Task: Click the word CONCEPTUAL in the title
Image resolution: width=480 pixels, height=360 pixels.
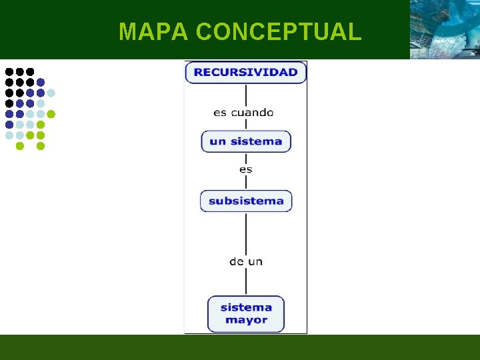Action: (279, 31)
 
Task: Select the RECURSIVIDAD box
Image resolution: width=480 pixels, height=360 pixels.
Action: (246, 72)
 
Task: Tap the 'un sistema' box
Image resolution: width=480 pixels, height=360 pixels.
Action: (246, 141)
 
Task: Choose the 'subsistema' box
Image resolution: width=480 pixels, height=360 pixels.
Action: (246, 201)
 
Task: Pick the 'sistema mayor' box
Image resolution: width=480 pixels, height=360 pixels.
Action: (246, 313)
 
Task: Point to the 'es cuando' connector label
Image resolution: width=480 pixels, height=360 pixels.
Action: (243, 113)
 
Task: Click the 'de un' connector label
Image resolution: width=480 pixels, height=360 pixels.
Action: (246, 261)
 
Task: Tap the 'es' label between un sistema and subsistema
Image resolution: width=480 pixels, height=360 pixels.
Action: (246, 169)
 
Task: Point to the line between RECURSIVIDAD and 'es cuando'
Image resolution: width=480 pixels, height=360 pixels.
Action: (246, 94)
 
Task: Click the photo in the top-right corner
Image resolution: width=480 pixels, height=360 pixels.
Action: (444, 29)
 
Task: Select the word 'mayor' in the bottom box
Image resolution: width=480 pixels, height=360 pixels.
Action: (246, 320)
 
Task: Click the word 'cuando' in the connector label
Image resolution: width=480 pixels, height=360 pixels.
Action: (252, 113)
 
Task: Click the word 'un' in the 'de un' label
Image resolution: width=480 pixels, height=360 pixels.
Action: (255, 261)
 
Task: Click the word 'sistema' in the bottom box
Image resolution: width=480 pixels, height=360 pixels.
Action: (246, 307)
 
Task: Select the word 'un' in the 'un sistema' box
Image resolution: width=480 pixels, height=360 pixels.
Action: (217, 141)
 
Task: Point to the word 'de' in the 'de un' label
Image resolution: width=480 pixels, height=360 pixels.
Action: (237, 261)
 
